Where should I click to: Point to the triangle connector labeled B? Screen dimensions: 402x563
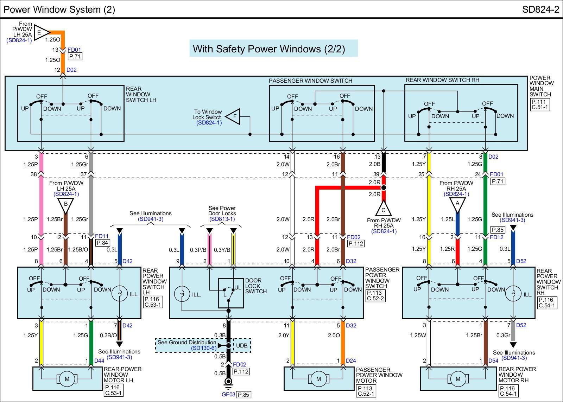(x=65, y=204)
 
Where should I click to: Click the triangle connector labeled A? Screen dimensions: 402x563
(x=457, y=204)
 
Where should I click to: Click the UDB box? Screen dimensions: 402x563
(x=242, y=345)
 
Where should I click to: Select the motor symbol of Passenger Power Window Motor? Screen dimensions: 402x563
(x=318, y=379)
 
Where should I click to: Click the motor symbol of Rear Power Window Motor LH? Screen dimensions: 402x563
(x=67, y=379)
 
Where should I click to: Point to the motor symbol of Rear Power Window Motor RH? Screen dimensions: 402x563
(x=458, y=379)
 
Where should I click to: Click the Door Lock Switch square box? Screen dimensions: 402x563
(x=231, y=293)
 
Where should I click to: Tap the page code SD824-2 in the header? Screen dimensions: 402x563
(x=540, y=9)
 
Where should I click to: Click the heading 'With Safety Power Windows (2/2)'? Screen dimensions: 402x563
(x=274, y=49)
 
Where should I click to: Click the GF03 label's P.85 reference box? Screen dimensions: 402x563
(x=243, y=395)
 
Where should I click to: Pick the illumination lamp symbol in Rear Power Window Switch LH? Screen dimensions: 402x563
(x=119, y=293)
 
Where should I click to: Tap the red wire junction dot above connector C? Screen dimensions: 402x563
(x=384, y=188)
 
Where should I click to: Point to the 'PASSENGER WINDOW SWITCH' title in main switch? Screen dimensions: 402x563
(x=310, y=81)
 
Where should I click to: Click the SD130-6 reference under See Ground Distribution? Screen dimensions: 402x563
(x=204, y=348)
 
